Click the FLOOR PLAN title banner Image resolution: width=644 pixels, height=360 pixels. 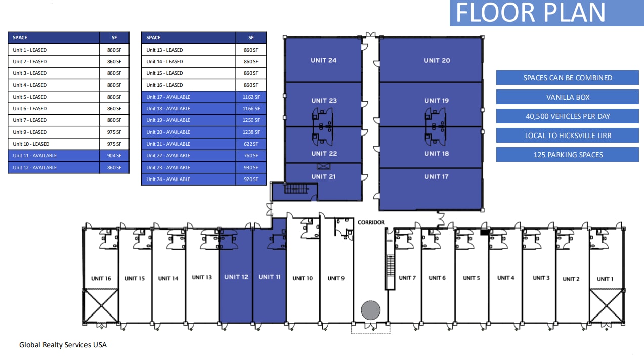click(546, 13)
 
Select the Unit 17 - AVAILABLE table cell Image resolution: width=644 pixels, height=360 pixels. click(188, 97)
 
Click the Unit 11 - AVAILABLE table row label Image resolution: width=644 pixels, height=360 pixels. click(54, 156)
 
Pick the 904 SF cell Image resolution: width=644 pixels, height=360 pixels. click(114, 156)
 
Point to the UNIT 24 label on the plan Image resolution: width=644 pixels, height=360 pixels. click(324, 60)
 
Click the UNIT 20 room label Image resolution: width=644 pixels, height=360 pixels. click(437, 60)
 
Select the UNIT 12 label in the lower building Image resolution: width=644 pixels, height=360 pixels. click(236, 277)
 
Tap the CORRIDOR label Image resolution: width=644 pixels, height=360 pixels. click(371, 222)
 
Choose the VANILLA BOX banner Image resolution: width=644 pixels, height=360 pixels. click(567, 97)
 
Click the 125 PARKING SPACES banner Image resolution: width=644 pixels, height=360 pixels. click(567, 155)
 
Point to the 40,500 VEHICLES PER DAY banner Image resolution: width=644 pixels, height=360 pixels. click(567, 116)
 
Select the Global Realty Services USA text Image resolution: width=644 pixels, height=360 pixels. click(63, 345)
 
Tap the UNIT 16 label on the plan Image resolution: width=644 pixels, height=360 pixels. click(101, 278)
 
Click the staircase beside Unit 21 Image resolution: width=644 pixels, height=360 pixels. click(296, 189)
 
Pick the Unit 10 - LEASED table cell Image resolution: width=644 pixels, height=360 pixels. click(54, 144)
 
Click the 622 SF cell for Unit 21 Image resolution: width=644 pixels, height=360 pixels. click(251, 144)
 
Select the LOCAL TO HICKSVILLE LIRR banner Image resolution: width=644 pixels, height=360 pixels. click(567, 136)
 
